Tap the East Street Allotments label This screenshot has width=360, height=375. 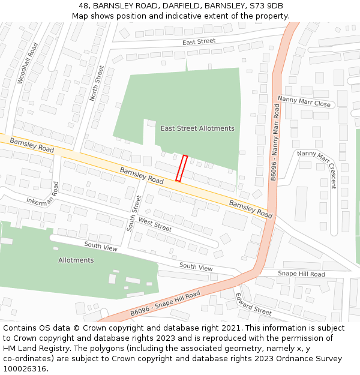[x=197, y=128]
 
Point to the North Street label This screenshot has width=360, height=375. [x=97, y=83]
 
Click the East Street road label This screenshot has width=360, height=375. [x=199, y=41]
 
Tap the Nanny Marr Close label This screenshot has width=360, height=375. [x=304, y=101]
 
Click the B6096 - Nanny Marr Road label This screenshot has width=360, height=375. [x=275, y=142]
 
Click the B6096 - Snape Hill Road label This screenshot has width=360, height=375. [x=165, y=305]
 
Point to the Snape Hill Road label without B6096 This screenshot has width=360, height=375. [x=301, y=274]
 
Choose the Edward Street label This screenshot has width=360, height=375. [x=253, y=304]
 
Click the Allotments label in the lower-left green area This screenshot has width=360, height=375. [x=76, y=260]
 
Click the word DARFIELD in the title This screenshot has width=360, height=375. [x=176, y=5]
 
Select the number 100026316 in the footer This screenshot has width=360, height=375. [x=24, y=368]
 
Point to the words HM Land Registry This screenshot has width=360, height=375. [x=30, y=349]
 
